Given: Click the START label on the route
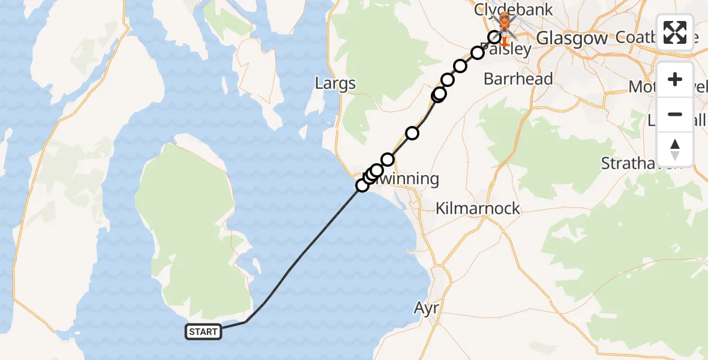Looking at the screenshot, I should point(204,332).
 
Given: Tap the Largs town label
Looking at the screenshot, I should point(335,83).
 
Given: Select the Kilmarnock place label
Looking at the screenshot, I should point(478,209).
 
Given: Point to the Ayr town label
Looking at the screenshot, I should point(427,308).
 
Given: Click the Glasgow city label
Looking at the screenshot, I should point(571,38).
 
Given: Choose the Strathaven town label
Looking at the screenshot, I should point(642,163).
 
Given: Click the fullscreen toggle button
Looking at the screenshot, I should point(675,32).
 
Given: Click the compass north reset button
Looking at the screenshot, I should point(675,149).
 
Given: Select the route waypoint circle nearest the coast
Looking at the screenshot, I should point(362,185).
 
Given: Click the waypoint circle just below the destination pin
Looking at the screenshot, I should point(494,37).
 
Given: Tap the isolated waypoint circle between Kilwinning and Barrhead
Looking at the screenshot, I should point(412,133).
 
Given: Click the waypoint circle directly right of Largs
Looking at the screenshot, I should point(439,94).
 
